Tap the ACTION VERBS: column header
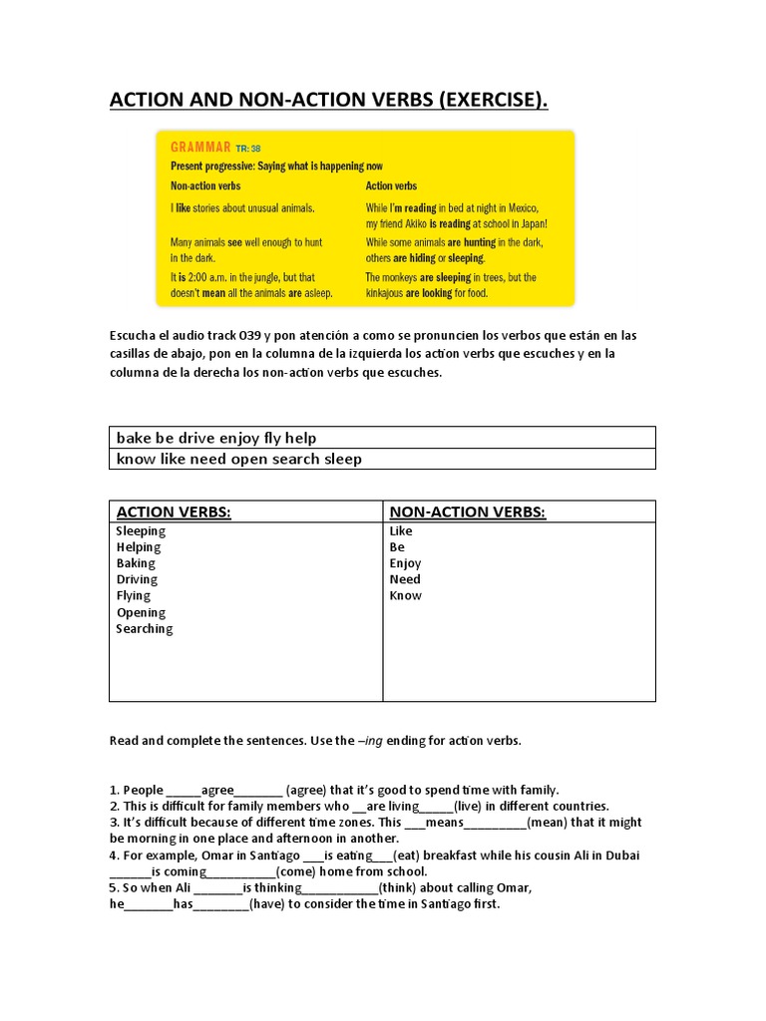click(x=174, y=511)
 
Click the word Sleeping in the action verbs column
click(x=141, y=531)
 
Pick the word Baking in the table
click(x=136, y=563)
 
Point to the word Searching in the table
click(x=145, y=628)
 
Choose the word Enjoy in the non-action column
click(x=405, y=563)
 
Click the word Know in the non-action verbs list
click(x=405, y=595)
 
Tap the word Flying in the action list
click(x=134, y=595)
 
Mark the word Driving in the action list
click(x=137, y=579)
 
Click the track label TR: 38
click(x=249, y=149)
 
